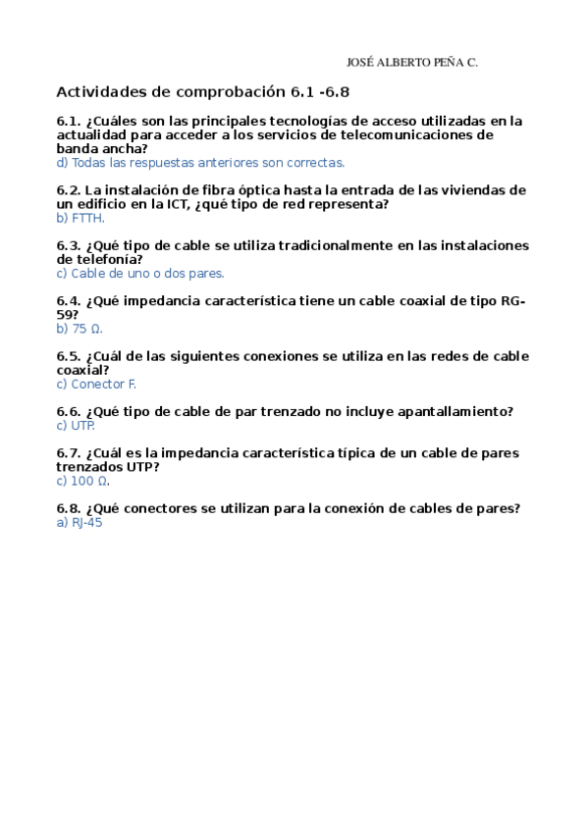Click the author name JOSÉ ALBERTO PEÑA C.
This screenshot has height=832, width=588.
413,62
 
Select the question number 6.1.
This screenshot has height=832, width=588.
69,122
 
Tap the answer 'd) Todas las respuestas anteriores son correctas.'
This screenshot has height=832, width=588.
201,163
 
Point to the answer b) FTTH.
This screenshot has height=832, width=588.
80,218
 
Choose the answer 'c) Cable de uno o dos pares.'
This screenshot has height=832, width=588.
140,273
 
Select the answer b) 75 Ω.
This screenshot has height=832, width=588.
80,329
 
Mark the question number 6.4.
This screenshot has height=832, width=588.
69,301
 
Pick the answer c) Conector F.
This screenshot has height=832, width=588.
96,384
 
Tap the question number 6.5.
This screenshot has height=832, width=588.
69,356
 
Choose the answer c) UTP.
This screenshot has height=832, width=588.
76,425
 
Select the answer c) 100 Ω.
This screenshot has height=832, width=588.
83,481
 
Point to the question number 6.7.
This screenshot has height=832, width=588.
69,453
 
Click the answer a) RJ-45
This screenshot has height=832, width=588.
80,523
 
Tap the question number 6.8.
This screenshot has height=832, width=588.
69,508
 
